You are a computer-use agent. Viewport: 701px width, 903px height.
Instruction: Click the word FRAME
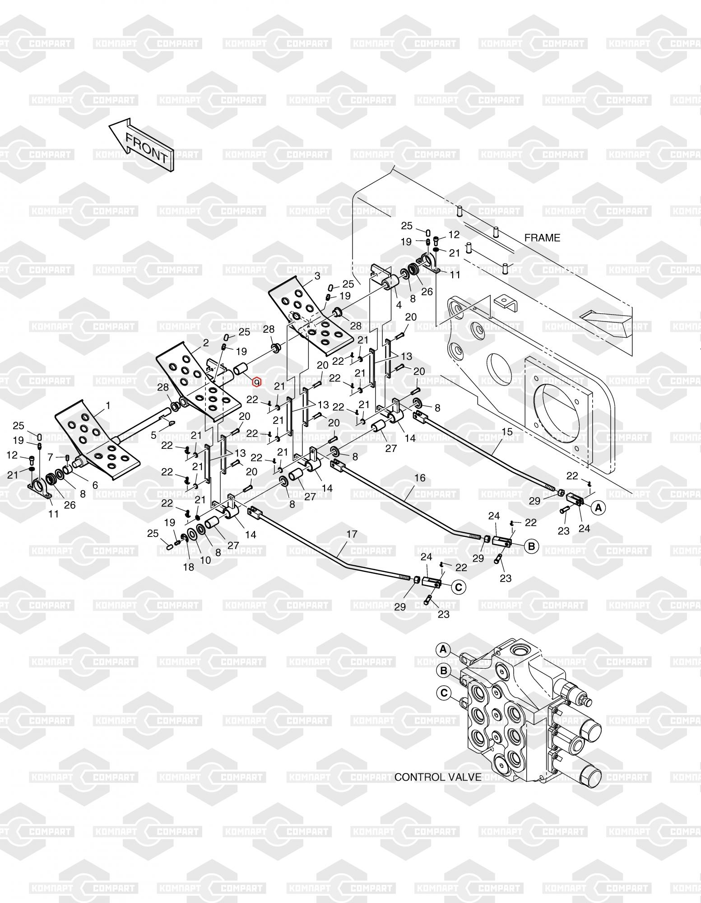point(542,238)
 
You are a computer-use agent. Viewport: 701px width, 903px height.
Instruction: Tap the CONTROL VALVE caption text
point(438,777)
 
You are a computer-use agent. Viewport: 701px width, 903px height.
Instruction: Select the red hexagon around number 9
point(257,382)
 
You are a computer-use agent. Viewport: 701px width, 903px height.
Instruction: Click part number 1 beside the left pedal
point(107,406)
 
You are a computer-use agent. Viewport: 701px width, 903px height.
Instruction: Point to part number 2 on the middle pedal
point(206,343)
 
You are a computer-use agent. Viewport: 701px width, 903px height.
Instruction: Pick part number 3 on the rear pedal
point(317,275)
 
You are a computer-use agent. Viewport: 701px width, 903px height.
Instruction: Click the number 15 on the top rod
point(507,432)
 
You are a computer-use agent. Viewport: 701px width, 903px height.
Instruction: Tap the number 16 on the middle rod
point(420,478)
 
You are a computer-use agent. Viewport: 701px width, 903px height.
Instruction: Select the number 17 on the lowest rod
point(352,534)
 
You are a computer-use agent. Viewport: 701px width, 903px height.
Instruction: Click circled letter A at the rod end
point(599,508)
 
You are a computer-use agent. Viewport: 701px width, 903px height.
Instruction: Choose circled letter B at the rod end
point(531,547)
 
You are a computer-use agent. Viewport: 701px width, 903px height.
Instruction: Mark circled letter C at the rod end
point(458,587)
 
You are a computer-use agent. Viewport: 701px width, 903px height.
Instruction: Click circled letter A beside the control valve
point(443,649)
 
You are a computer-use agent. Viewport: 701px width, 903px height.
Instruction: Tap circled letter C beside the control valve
point(444,692)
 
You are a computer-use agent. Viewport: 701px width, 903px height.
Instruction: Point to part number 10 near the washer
point(205,560)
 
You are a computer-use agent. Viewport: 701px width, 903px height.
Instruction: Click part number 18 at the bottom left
point(188,567)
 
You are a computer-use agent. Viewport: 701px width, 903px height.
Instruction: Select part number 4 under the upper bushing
point(399,306)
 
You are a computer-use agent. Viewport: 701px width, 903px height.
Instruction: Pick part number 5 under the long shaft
point(153,435)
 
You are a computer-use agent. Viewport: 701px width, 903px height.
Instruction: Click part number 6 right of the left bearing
point(95,485)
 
